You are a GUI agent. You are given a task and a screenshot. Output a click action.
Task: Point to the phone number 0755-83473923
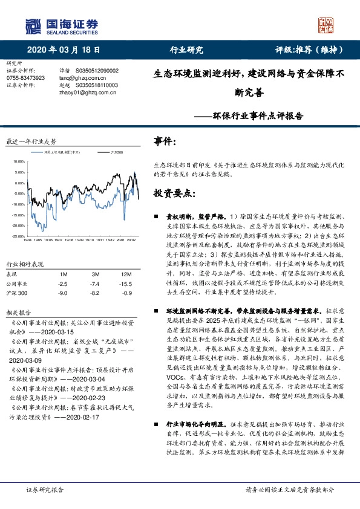pyautogui.click(x=25, y=78)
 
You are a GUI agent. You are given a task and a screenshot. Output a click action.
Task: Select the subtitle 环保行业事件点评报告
pyautogui.click(x=267, y=114)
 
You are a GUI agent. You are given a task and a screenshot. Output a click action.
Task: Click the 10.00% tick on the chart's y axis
pyautogui.click(x=17, y=162)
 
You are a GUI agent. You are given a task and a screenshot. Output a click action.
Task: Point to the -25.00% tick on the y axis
pyautogui.click(x=17, y=236)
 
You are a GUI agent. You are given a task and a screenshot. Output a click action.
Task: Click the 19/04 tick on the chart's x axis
pyautogui.click(x=28, y=240)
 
